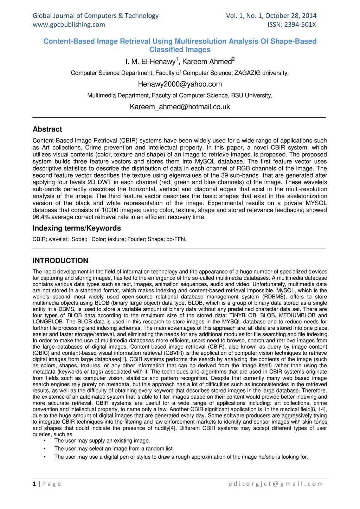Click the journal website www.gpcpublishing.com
pyautogui.click(x=69, y=25)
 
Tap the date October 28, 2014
pyautogui.click(x=291, y=16)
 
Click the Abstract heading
pyautogui.click(x=47, y=129)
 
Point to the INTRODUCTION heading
pyautogui.click(x=60, y=261)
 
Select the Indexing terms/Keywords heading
pyautogui.click(x=77, y=228)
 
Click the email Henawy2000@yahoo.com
pyautogui.click(x=180, y=84)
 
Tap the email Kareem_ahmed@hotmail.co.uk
pyautogui.click(x=180, y=107)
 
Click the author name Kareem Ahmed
pyautogui.click(x=207, y=62)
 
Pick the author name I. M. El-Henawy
pyautogui.click(x=150, y=62)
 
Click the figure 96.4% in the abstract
pyautogui.click(x=41, y=217)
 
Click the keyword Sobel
pyautogui.click(x=79, y=239)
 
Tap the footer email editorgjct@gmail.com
pyautogui.click(x=276, y=484)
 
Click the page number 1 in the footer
pyautogui.click(x=34, y=484)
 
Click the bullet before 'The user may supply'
pyautogui.click(x=45, y=441)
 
